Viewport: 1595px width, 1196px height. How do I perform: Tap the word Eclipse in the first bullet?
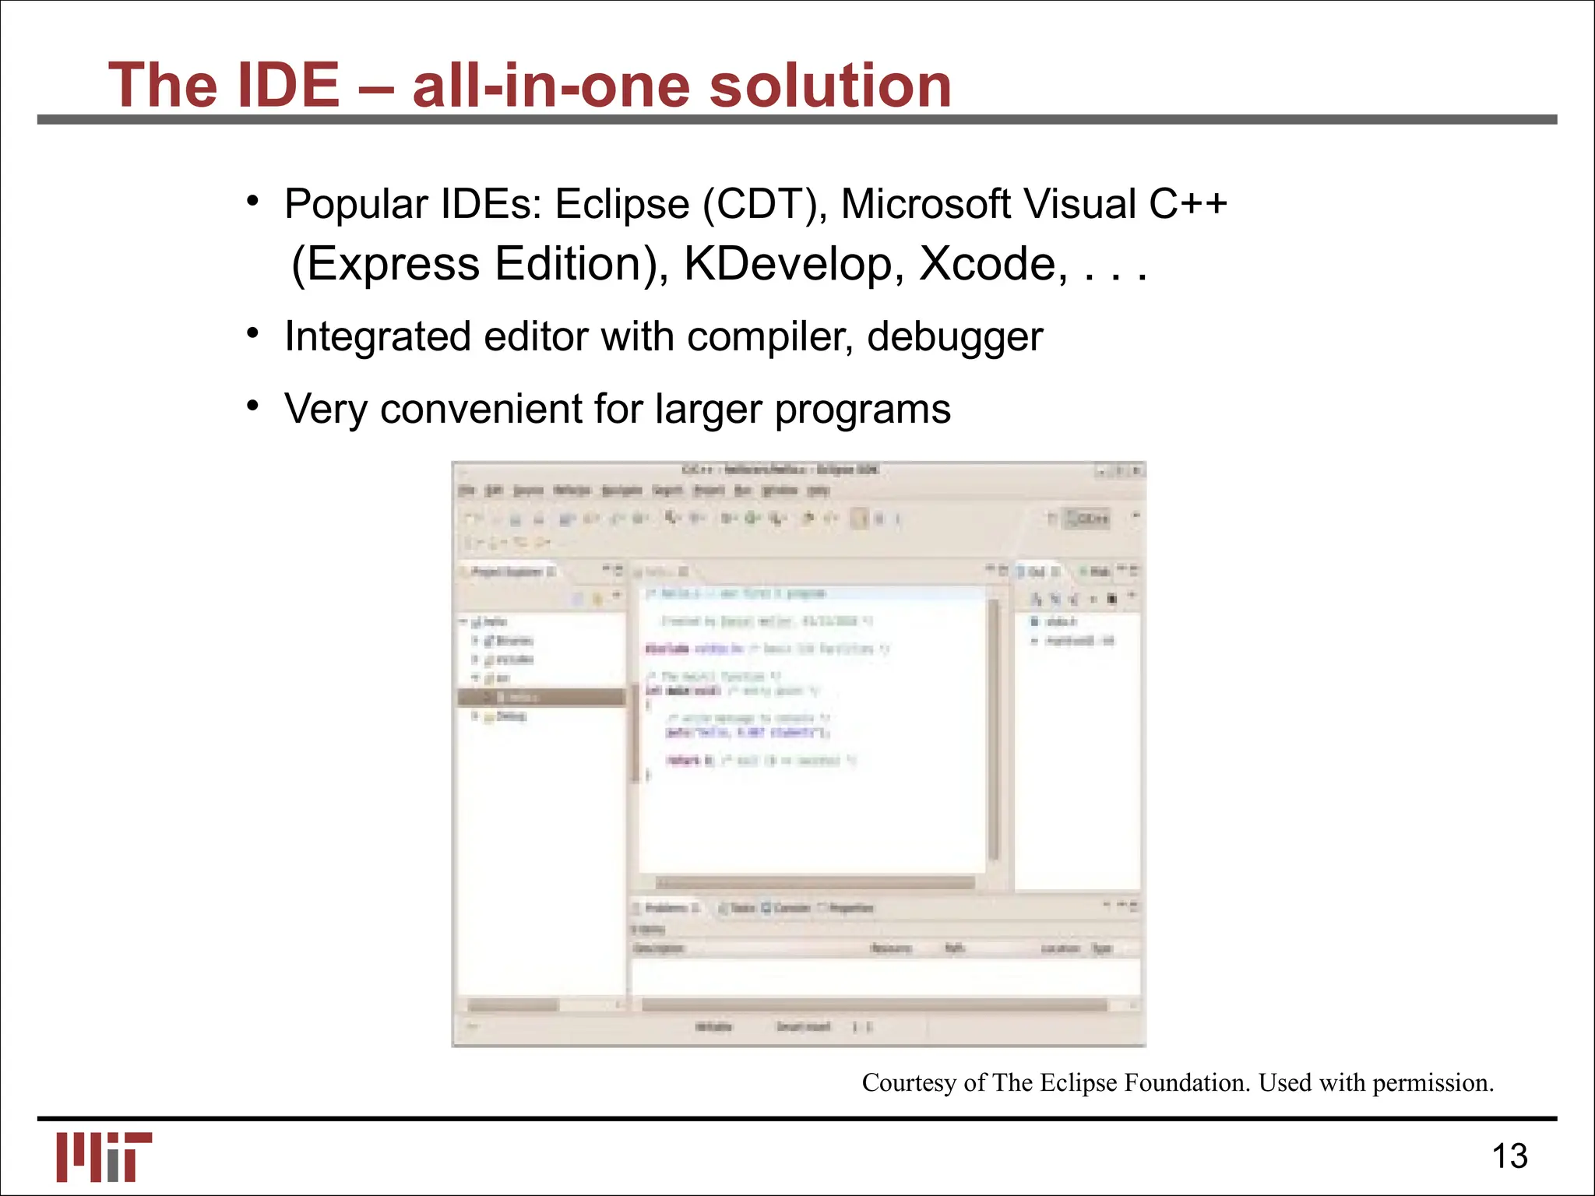tap(621, 204)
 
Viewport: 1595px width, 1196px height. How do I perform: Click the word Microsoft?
tap(924, 204)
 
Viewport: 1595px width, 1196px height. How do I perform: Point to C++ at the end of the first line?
tap(1188, 204)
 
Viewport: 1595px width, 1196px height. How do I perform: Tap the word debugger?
tap(954, 337)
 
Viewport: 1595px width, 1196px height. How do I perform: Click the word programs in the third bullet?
tap(862, 409)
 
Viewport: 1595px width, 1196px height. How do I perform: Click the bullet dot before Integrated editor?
tap(252, 333)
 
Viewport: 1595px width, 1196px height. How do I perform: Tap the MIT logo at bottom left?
tap(104, 1156)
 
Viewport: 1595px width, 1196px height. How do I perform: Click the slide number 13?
tap(1509, 1156)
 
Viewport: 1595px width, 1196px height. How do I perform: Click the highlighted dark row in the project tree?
tap(542, 697)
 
